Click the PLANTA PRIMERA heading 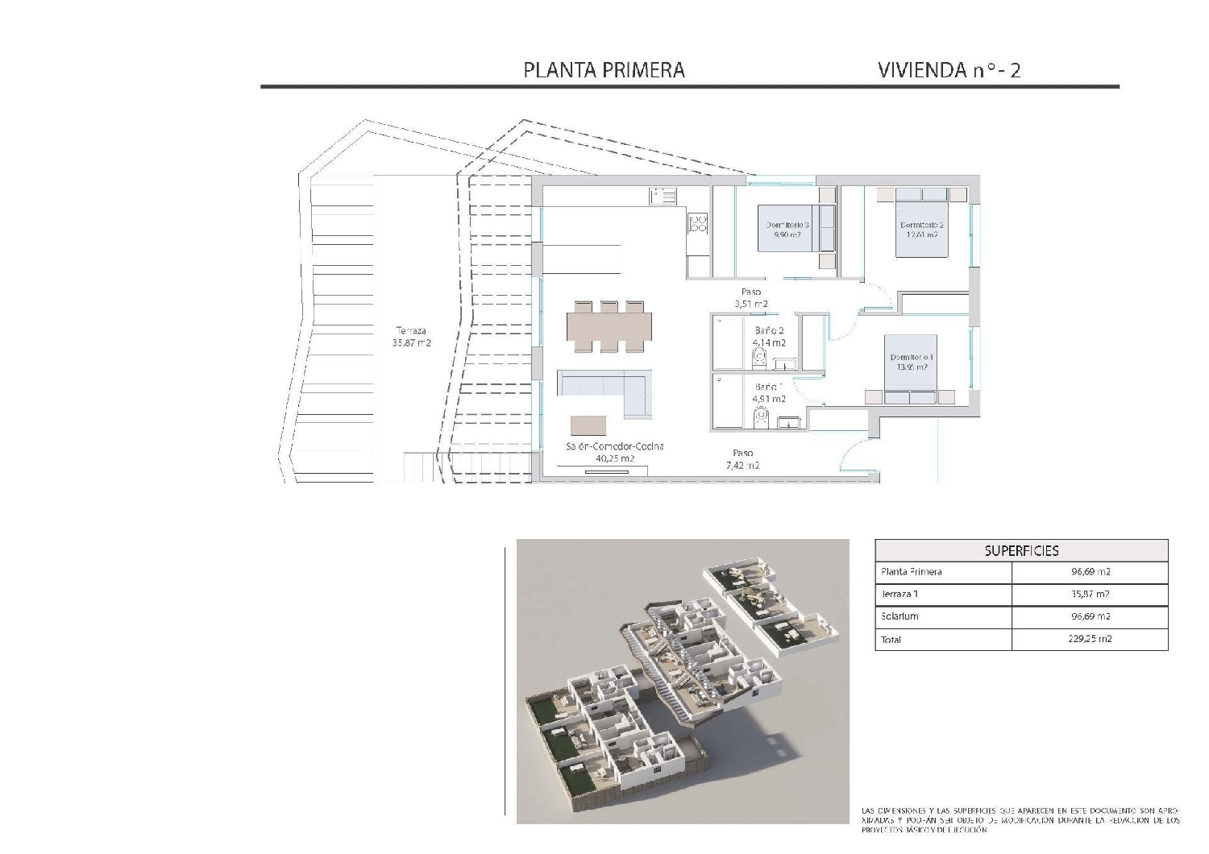pos(604,70)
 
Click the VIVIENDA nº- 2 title pos(949,70)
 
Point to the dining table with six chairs pos(609,326)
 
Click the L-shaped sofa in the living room pos(604,391)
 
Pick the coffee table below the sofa pos(588,425)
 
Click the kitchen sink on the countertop pos(663,196)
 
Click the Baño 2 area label pos(769,336)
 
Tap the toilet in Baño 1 pos(761,417)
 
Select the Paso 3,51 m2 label pos(750,298)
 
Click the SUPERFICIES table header pos(1021,551)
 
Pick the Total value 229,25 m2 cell pos(1089,639)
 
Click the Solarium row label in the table pos(899,616)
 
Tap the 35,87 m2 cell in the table pos(1089,595)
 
